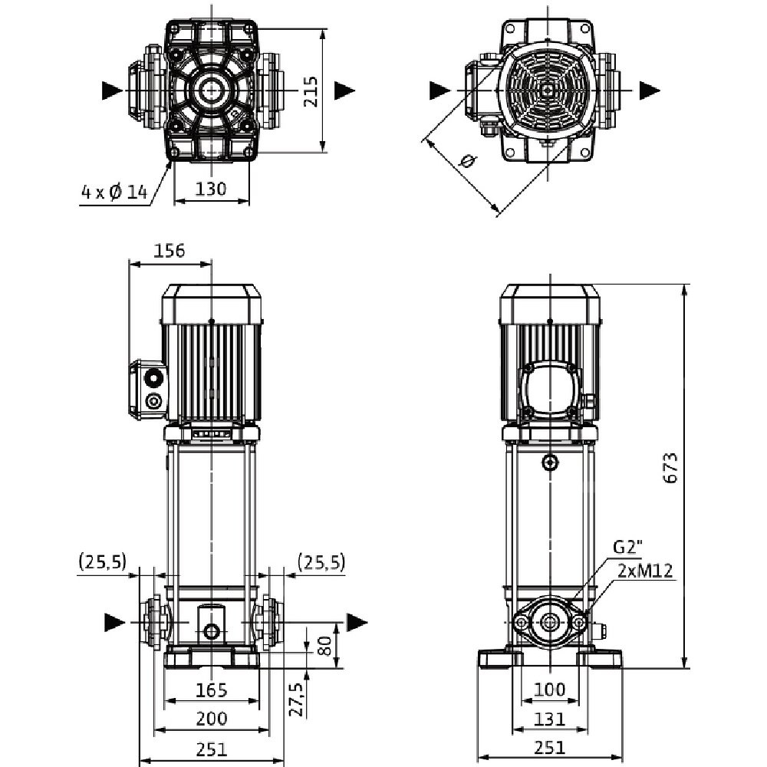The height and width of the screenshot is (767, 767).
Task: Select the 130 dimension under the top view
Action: [211, 189]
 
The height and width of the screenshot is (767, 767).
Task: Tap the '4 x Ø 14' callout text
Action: [114, 193]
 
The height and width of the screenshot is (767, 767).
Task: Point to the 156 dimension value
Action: [170, 251]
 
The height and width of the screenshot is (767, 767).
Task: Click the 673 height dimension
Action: [670, 468]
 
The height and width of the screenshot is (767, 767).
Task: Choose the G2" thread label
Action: [627, 548]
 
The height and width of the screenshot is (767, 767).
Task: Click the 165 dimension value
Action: [211, 690]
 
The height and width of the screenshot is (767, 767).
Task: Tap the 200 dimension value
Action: [211, 719]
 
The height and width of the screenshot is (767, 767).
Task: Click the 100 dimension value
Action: [549, 690]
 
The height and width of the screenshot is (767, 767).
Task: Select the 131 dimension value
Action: [549, 719]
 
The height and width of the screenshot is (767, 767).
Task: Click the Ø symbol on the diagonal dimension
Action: [466, 162]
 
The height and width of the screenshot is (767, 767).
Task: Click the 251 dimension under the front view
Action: [211, 748]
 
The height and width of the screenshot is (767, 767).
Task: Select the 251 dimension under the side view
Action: [549, 748]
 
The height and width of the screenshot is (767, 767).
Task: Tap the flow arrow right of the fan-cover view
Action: [650, 90]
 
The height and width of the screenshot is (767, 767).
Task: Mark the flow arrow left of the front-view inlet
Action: [113, 621]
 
